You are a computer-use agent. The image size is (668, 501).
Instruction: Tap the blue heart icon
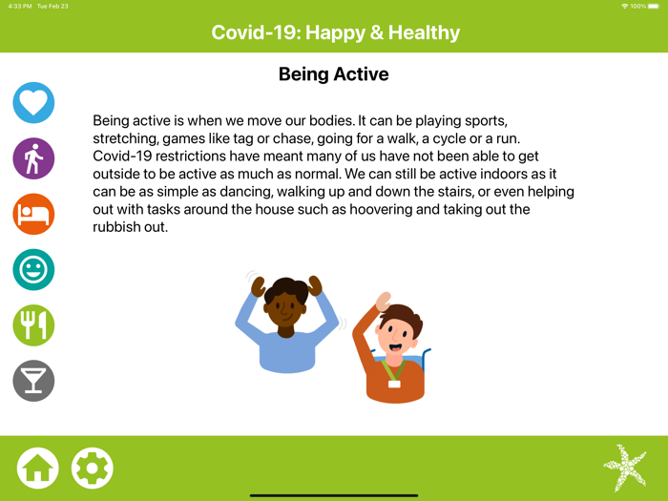pos(33,103)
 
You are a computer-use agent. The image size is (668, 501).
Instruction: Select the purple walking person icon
pos(33,158)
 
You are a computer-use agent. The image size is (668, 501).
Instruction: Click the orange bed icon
pos(33,214)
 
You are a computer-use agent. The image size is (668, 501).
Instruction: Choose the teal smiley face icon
pos(33,270)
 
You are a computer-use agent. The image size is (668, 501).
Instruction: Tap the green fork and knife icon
pos(33,325)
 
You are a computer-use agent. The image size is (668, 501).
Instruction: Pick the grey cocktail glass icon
pos(33,381)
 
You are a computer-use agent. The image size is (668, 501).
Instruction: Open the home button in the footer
pos(37,469)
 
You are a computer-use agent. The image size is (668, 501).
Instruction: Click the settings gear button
pos(93,469)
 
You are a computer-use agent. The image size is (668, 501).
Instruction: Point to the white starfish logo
pos(625,468)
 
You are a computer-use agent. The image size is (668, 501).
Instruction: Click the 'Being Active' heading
pos(333,74)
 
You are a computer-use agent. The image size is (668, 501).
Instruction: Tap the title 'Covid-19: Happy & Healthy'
pos(335,33)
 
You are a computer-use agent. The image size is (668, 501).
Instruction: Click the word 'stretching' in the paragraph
pos(127,139)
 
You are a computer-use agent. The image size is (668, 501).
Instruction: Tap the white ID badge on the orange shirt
pos(394,383)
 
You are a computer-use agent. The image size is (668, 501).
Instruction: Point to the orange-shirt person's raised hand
pos(383,302)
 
